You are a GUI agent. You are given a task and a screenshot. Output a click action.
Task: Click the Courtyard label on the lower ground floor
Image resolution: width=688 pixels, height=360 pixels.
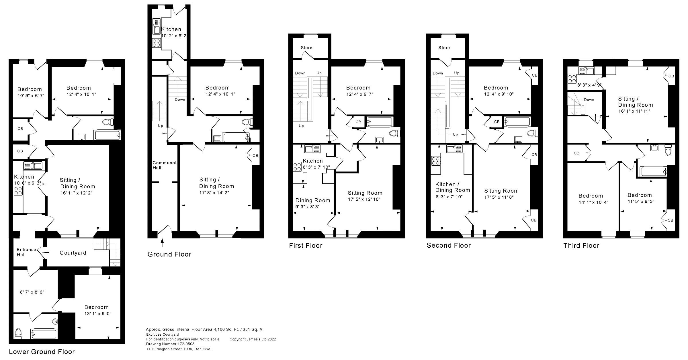click(73, 253)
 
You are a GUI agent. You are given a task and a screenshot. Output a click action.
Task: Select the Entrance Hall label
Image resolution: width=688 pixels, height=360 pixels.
click(26, 252)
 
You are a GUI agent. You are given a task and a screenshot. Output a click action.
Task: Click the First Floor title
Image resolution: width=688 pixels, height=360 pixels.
click(306, 246)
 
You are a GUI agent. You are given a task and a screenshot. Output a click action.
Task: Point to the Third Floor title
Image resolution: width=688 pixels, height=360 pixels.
click(581, 246)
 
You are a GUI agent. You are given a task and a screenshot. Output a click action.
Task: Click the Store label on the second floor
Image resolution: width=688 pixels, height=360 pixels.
click(444, 48)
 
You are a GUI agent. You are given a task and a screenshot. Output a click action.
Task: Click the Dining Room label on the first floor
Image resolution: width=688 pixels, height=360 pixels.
click(313, 200)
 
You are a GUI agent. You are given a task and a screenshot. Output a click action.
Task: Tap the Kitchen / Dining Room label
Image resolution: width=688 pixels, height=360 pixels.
click(453, 187)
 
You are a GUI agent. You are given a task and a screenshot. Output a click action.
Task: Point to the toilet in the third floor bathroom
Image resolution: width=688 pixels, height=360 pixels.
click(668, 151)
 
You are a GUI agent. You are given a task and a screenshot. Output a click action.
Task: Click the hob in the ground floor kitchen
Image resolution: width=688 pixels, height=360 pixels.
click(156, 43)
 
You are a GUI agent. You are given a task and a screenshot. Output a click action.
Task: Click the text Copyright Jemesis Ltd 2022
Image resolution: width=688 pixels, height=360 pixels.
click(253, 339)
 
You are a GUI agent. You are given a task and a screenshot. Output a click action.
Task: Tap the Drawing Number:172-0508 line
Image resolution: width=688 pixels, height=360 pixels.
click(170, 344)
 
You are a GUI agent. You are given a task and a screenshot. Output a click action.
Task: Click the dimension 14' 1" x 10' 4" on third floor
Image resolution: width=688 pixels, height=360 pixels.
click(593, 202)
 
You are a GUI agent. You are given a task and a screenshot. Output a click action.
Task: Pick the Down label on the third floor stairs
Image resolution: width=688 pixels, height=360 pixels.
click(589, 100)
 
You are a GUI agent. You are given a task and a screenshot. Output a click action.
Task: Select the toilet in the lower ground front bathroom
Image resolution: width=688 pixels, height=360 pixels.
click(18, 333)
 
